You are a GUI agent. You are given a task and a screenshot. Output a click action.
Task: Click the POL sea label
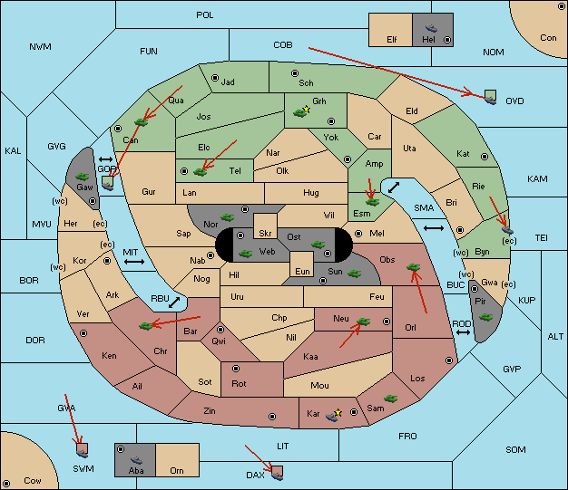pyautogui.click(x=205, y=15)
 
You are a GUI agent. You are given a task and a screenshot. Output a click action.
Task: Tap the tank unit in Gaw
pyautogui.click(x=83, y=177)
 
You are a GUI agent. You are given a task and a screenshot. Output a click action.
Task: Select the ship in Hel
pyautogui.click(x=431, y=28)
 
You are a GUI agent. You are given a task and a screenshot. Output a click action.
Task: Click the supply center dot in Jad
pyautogui.click(x=215, y=78)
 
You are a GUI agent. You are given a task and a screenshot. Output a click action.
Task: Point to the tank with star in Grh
pyautogui.click(x=301, y=112)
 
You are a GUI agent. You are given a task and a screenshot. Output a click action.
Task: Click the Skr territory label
pyautogui.click(x=265, y=234)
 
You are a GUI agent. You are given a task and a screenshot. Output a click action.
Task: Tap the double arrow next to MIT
pyautogui.click(x=134, y=262)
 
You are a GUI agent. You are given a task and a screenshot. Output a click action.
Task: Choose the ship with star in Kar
pyautogui.click(x=333, y=415)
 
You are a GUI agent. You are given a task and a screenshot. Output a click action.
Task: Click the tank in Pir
pyautogui.click(x=485, y=318)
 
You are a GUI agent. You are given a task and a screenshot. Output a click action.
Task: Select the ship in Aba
pyautogui.click(x=137, y=459)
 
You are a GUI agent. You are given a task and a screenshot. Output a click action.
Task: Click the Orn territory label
pyautogui.click(x=177, y=470)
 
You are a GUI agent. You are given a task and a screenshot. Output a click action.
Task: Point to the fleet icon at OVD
pyautogui.click(x=491, y=98)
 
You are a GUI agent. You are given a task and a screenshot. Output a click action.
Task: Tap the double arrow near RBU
pyautogui.click(x=174, y=303)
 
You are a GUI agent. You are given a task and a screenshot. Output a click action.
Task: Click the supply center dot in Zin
pyautogui.click(x=272, y=417)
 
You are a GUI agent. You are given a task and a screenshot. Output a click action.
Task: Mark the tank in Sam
pyautogui.click(x=390, y=399)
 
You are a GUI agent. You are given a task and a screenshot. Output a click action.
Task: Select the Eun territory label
pyautogui.click(x=302, y=271)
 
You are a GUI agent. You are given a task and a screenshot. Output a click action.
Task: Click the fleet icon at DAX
pyautogui.click(x=277, y=474)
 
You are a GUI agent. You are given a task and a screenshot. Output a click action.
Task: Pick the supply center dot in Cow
pyautogui.click(x=6, y=484)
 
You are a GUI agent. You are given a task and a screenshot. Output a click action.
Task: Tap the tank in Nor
pyautogui.click(x=228, y=217)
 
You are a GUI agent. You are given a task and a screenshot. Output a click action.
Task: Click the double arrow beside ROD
pyautogui.click(x=463, y=332)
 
